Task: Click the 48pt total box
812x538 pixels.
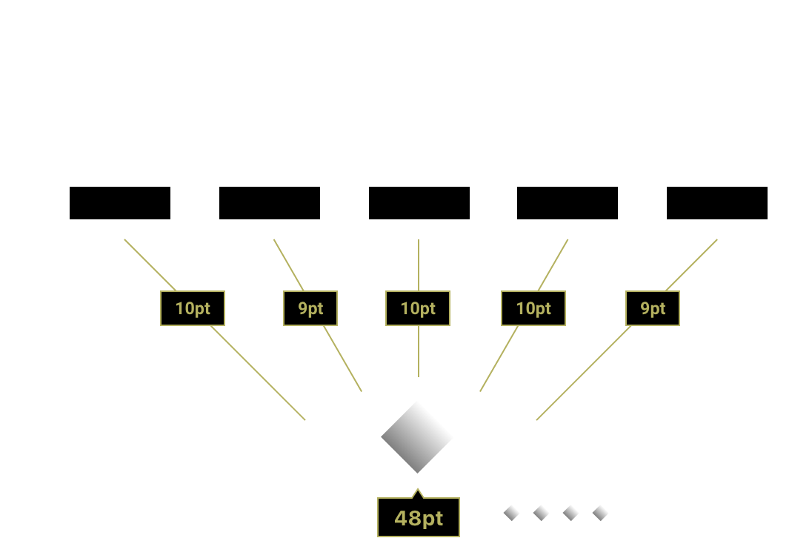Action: [x=418, y=517]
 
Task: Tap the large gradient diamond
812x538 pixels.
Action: [x=417, y=436]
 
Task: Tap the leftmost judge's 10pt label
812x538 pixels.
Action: [x=193, y=308]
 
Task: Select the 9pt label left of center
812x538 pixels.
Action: [x=310, y=308]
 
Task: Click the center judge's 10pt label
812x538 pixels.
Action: [x=418, y=308]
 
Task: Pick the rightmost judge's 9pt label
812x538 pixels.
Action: [x=653, y=308]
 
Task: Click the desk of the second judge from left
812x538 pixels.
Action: [x=270, y=203]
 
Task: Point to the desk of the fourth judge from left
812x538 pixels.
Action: [x=567, y=203]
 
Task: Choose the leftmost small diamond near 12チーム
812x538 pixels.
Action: [x=511, y=512]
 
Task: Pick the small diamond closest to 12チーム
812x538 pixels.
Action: [x=600, y=512]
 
